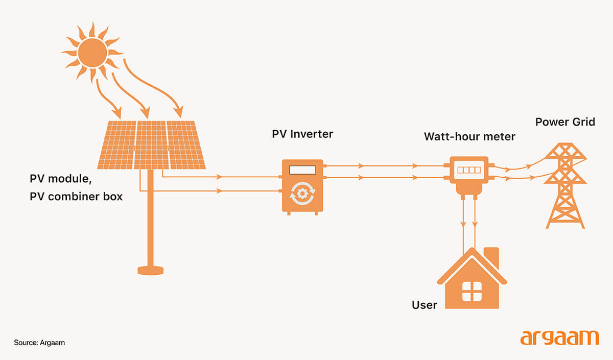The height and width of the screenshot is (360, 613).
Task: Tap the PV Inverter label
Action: click(302, 134)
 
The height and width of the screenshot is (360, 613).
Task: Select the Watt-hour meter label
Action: click(469, 137)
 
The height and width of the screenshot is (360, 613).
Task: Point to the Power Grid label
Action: click(565, 123)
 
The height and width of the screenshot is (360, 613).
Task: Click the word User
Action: click(425, 305)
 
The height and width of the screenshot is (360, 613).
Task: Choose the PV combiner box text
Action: click(76, 196)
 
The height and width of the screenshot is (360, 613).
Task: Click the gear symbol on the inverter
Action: click(302, 195)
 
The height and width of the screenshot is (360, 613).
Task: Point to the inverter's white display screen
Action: click(302, 170)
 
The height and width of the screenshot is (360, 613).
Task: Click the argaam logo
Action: click(559, 338)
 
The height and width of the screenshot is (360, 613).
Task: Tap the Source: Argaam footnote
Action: click(39, 343)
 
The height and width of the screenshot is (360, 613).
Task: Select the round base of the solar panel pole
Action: click(150, 269)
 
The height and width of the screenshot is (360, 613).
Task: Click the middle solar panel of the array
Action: click(152, 145)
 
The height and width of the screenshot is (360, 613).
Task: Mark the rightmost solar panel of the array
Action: click(185, 145)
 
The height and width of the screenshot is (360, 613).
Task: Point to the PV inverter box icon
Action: click(302, 185)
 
